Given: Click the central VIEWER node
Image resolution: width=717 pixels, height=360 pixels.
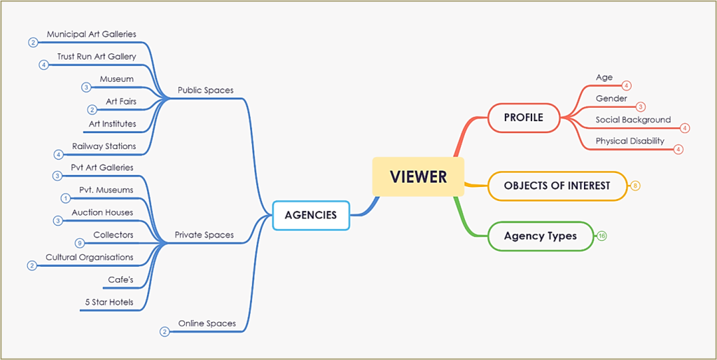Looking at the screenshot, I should (418, 176).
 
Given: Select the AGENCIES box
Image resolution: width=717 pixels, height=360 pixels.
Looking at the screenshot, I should (310, 215).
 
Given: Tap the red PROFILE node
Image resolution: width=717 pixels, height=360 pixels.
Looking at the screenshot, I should (523, 118).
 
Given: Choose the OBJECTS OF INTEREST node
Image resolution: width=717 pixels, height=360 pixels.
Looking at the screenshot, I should (557, 186).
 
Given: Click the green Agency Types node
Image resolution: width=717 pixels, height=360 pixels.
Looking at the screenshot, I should (540, 236).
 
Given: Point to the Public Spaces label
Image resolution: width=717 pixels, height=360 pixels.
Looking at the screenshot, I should (205, 90).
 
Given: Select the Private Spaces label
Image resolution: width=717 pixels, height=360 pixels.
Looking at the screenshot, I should (204, 235).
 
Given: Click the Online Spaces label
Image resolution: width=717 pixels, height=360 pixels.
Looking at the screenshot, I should (207, 324).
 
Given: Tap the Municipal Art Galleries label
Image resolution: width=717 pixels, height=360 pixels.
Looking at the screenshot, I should (91, 34).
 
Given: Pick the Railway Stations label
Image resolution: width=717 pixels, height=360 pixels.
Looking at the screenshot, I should (104, 146).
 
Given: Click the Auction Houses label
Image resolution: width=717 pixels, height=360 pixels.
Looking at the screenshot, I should (102, 212).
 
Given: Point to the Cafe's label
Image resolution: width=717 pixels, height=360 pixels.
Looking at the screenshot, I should (120, 279).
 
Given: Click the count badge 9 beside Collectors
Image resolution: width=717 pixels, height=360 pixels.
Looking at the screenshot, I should (79, 243).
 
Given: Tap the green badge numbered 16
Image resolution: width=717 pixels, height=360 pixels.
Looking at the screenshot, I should (602, 236).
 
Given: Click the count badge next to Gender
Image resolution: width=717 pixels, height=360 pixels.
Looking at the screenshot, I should (641, 107).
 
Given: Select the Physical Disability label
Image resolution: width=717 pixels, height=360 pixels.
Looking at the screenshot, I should (629, 141).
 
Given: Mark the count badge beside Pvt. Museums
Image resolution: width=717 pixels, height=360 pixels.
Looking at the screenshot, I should (64, 198).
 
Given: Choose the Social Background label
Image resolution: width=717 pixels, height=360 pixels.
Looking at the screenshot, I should (633, 120).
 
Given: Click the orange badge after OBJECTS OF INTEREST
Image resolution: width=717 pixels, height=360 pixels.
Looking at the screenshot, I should (635, 186).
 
